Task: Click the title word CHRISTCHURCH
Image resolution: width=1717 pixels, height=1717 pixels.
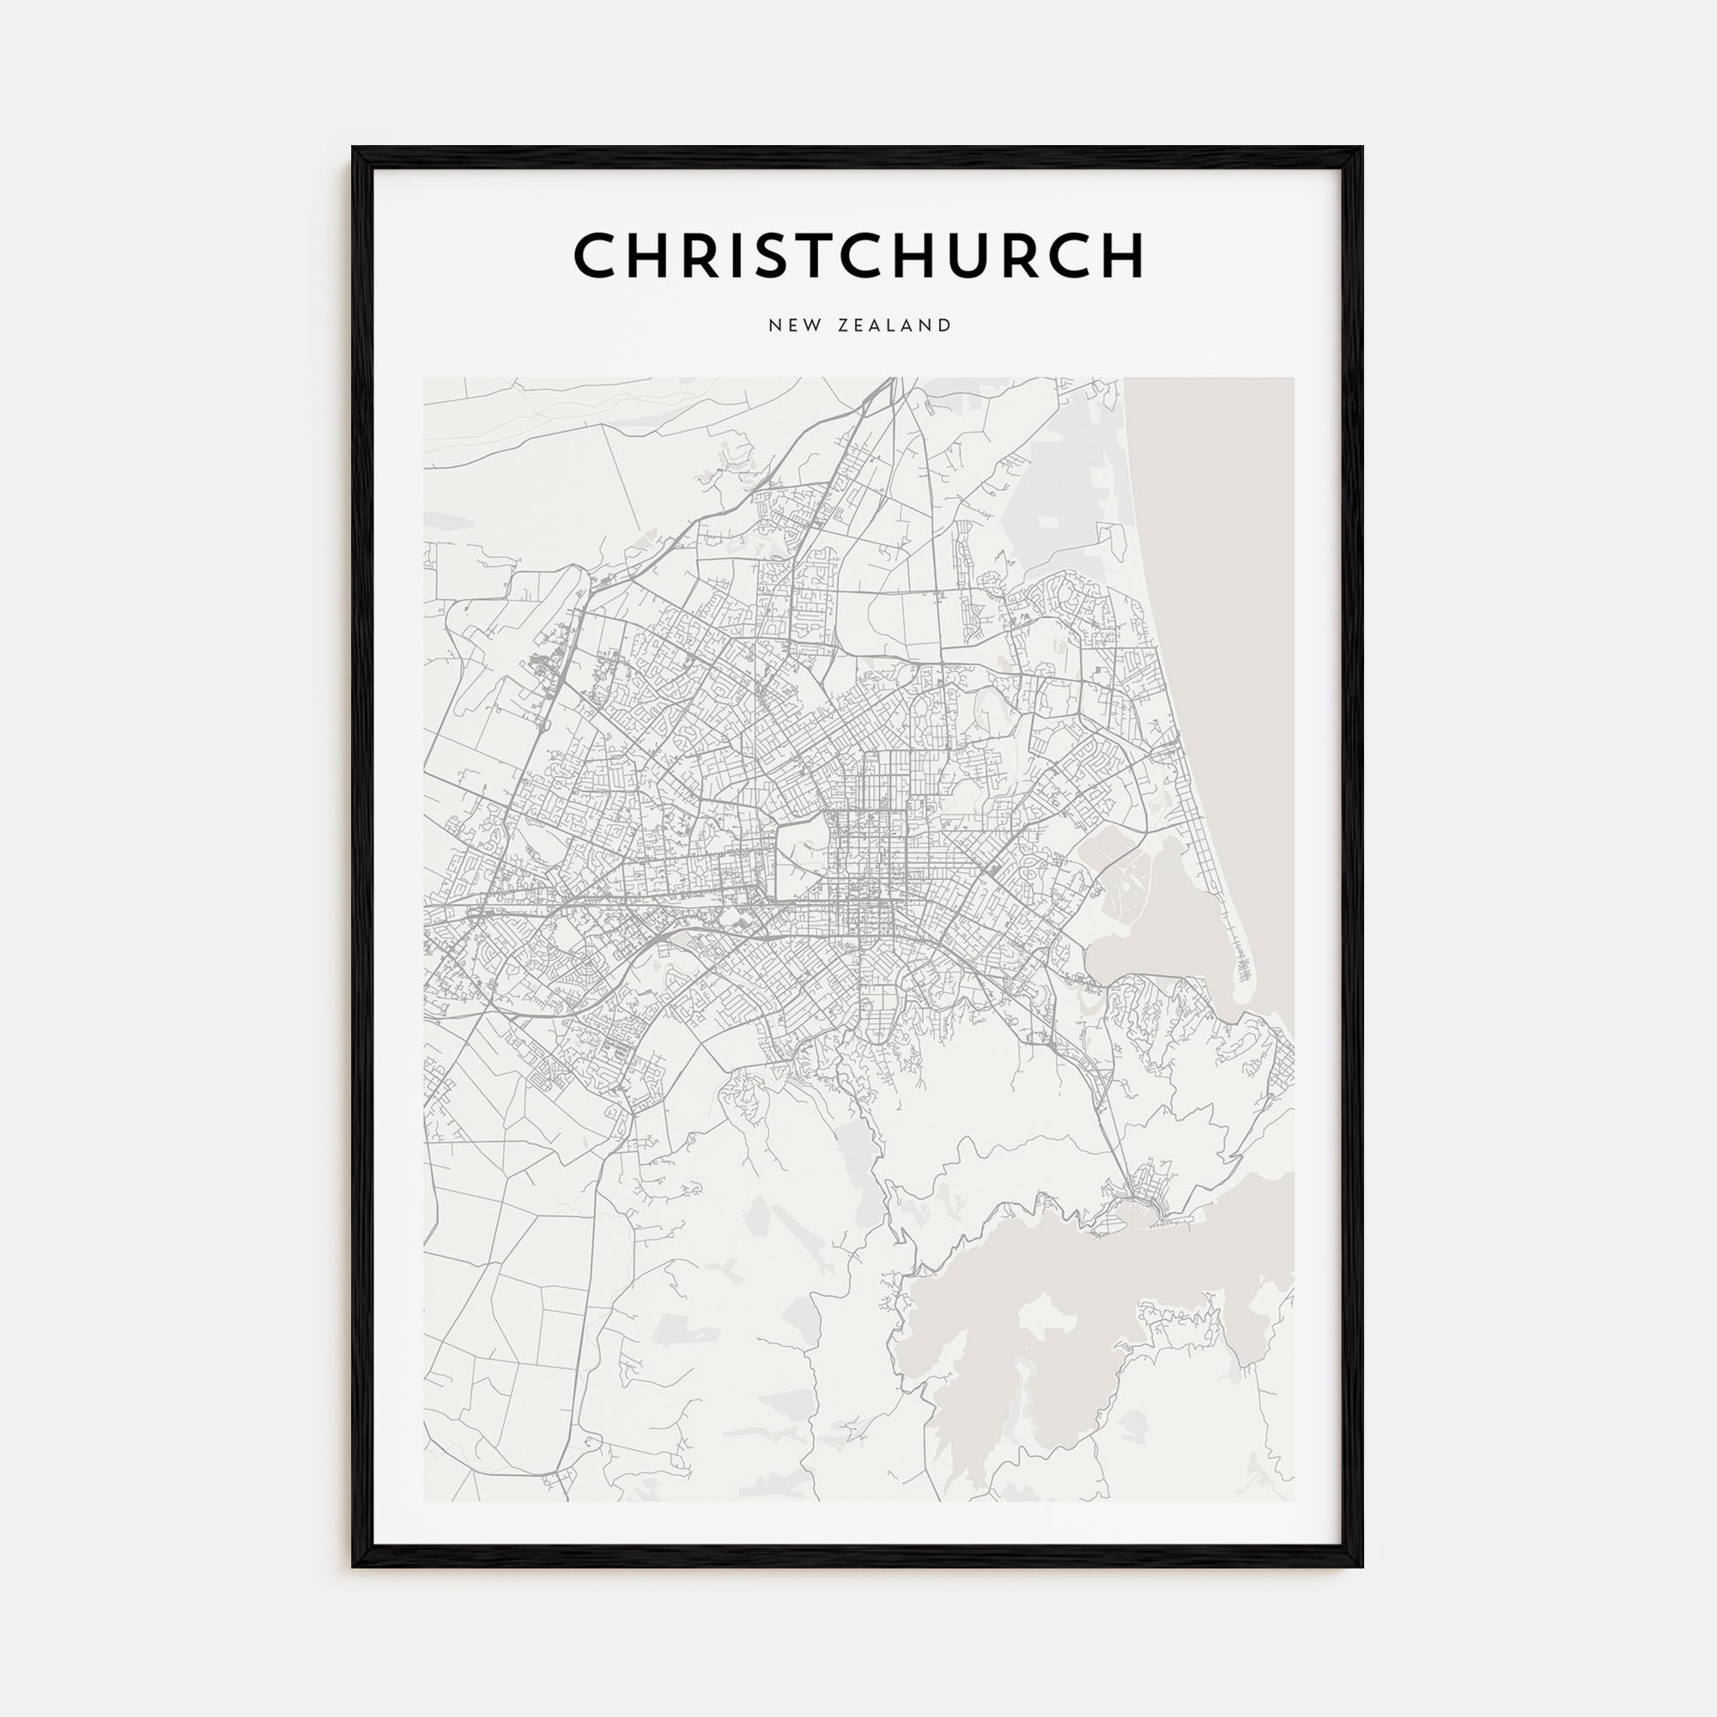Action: (x=858, y=256)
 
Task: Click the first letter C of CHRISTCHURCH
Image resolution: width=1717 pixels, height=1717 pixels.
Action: (x=595, y=256)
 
